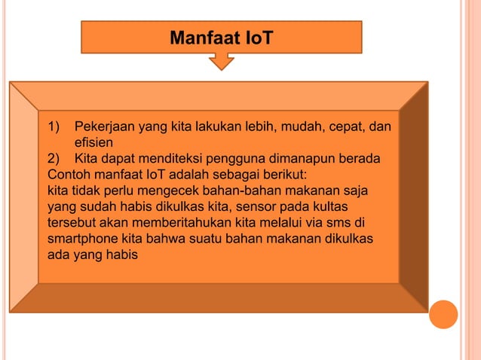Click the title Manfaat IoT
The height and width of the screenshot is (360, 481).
point(221,36)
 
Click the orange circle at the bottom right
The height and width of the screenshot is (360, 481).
point(444,315)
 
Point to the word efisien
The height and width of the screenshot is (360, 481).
point(93,142)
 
